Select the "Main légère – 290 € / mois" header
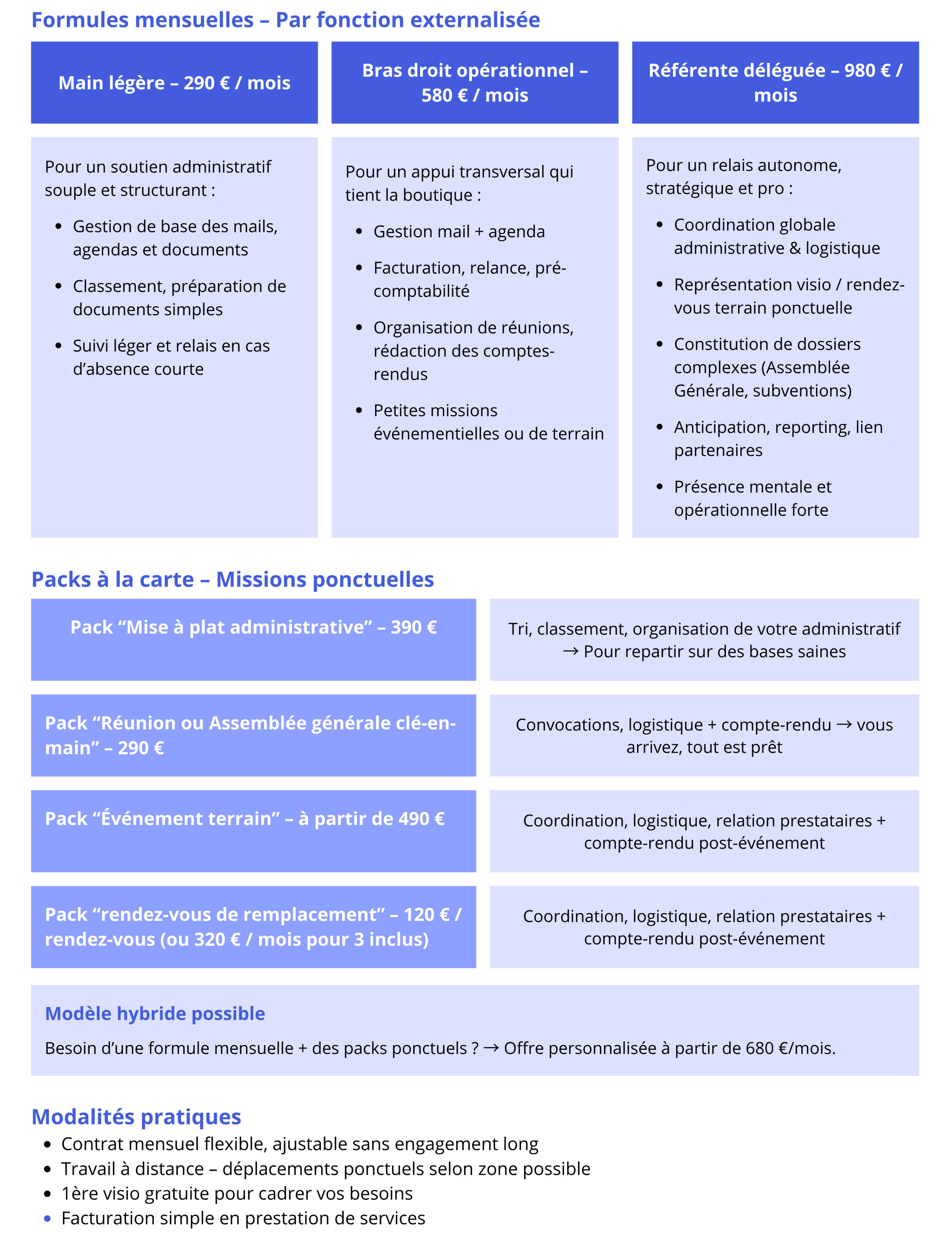[x=174, y=83]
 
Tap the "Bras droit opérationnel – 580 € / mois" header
[x=474, y=83]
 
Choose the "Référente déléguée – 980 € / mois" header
[x=775, y=83]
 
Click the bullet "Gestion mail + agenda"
[x=459, y=232]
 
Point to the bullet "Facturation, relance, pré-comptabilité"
[x=469, y=279]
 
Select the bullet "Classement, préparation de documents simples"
[x=179, y=298]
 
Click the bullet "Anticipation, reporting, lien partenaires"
[x=778, y=439]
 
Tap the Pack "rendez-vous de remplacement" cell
[x=253, y=927]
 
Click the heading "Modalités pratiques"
[x=136, y=1117]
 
